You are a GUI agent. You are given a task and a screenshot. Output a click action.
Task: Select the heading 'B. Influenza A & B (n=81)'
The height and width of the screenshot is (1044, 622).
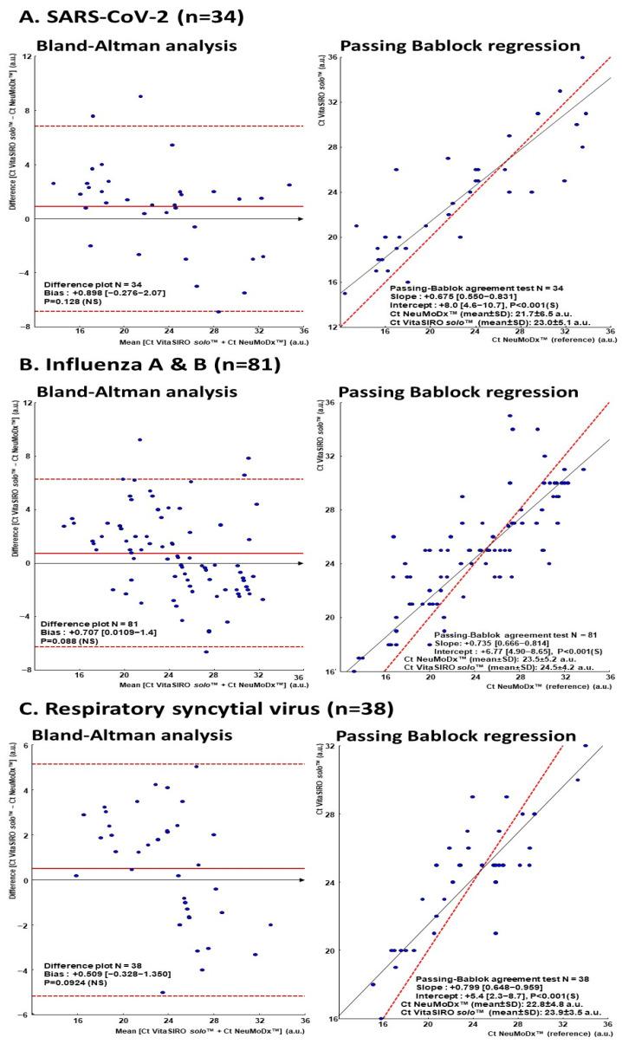143,365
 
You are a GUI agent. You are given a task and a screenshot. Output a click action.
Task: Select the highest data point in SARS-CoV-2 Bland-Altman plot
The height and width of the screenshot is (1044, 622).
140,96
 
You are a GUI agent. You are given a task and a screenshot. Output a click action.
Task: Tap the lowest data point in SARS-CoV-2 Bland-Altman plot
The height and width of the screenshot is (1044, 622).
218,311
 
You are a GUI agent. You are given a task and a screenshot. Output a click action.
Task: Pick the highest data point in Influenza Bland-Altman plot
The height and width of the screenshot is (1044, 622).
139,439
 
